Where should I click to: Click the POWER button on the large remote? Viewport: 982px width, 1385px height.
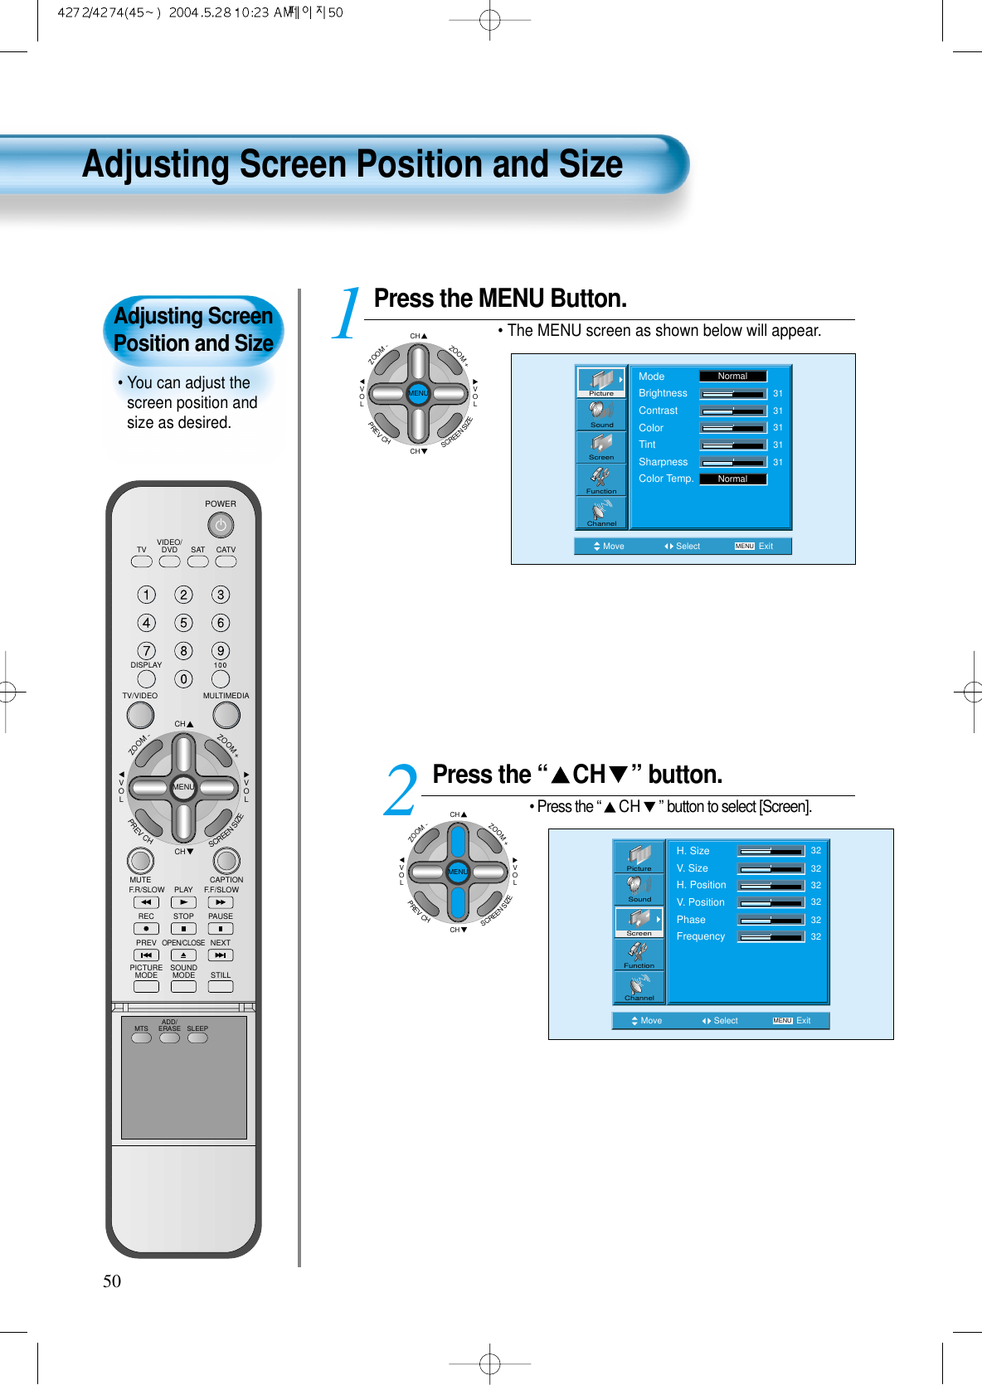coord(221,525)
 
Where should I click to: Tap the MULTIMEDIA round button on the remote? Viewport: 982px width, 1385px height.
coord(226,715)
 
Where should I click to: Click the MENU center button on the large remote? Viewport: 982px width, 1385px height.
coord(183,787)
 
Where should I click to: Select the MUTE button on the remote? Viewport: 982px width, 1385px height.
coord(140,861)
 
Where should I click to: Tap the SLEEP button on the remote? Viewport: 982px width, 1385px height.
coord(197,1038)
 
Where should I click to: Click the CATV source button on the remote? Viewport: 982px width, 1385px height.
coord(226,561)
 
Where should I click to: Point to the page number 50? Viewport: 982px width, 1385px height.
coord(112,1281)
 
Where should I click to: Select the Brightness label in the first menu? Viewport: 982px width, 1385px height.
coord(663,393)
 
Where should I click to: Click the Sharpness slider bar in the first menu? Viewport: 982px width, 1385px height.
coord(733,462)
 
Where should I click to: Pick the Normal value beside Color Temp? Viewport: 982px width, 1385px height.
coord(732,479)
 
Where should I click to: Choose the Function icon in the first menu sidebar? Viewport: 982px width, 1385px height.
coord(601,479)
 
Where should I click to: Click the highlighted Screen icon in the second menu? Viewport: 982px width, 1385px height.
coord(639,921)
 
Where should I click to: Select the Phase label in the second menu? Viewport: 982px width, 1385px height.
coord(691,920)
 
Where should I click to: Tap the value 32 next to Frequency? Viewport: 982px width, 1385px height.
coord(816,936)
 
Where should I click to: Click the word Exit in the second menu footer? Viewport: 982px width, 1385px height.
coord(804,1021)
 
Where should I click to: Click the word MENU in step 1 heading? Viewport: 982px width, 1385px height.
coord(511,299)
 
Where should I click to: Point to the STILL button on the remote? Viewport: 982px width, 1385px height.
coord(221,987)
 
